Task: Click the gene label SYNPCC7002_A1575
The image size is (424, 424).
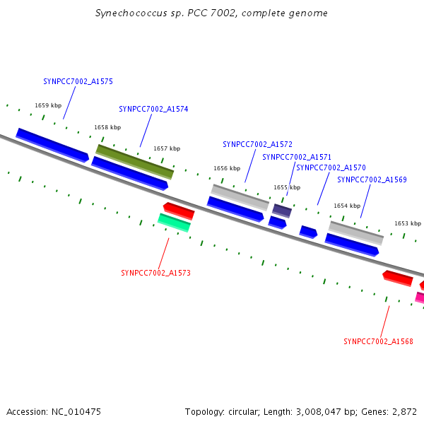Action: tap(78, 81)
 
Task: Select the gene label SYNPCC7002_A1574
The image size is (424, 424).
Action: tap(153, 109)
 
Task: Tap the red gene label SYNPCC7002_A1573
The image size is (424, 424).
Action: tap(155, 273)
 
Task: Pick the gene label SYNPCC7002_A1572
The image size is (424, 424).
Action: tap(257, 144)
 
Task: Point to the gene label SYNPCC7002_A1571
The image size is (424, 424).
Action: tap(297, 157)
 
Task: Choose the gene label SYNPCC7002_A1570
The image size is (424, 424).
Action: tap(331, 167)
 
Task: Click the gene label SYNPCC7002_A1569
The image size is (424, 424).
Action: tap(372, 179)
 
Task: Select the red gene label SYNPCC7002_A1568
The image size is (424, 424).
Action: tap(378, 341)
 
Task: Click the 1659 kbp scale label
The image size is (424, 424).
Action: tap(48, 106)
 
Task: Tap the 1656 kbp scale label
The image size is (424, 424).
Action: tap(227, 169)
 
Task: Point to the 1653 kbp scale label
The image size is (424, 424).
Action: tap(407, 223)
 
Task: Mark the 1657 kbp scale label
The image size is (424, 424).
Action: tap(167, 149)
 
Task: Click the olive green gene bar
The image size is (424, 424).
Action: tap(134, 162)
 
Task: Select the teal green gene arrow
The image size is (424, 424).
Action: tap(174, 223)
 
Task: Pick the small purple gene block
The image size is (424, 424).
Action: tap(282, 211)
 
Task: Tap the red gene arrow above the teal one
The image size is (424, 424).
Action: tap(179, 210)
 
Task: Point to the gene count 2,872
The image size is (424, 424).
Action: tap(404, 411)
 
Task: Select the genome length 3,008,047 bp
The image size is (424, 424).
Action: tap(322, 411)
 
